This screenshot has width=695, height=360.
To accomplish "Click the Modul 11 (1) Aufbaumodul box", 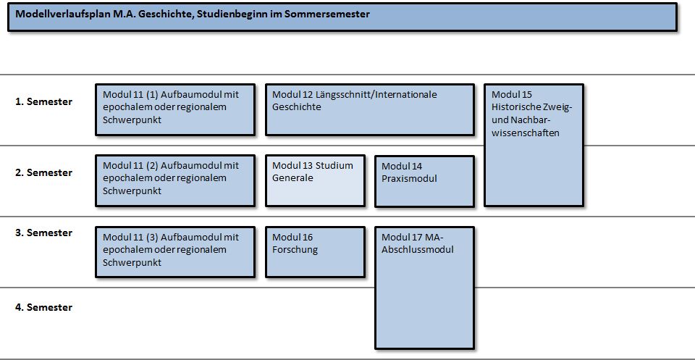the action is click(x=175, y=109).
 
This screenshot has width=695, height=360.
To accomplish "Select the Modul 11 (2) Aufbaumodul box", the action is click(x=175, y=180).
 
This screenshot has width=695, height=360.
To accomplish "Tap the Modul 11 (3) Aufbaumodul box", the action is click(x=175, y=252).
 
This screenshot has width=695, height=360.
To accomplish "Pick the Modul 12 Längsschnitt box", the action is click(x=370, y=109).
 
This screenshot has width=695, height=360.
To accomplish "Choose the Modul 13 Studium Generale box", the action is click(x=315, y=180).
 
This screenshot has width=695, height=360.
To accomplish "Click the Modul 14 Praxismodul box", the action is click(x=424, y=181).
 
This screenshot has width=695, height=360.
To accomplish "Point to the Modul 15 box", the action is click(x=534, y=145).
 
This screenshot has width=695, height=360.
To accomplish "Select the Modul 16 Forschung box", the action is click(x=315, y=252).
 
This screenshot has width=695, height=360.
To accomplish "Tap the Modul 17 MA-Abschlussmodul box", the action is click(x=424, y=288).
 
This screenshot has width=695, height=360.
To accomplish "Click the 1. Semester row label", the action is click(x=44, y=101).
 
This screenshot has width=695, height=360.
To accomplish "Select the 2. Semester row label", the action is click(x=44, y=172).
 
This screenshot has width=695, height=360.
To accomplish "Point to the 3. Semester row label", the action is click(x=44, y=233).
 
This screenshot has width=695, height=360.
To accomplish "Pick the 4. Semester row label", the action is click(x=44, y=307).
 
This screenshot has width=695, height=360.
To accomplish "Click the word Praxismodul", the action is click(x=409, y=179).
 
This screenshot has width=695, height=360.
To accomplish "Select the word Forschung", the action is click(x=295, y=250).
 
